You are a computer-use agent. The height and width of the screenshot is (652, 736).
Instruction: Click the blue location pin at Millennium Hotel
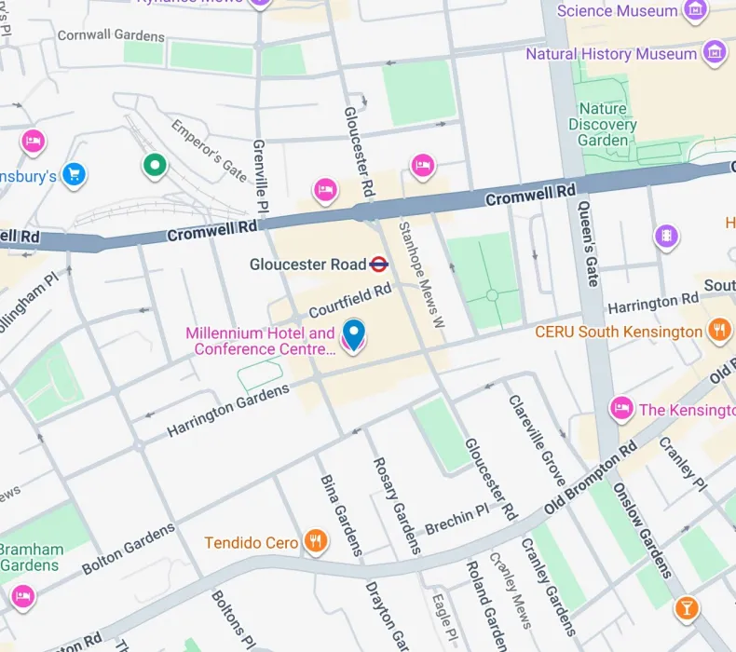pyautogui.click(x=354, y=333)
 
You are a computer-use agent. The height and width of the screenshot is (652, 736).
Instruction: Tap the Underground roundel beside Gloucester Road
pyautogui.click(x=378, y=265)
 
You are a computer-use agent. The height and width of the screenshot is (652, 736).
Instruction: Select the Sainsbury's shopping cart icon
pyautogui.click(x=75, y=173)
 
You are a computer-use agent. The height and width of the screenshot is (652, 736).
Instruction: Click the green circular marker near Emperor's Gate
pyautogui.click(x=155, y=166)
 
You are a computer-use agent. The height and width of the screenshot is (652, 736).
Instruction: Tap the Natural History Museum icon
pyautogui.click(x=715, y=52)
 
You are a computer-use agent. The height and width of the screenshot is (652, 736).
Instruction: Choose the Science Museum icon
pyautogui.click(x=695, y=11)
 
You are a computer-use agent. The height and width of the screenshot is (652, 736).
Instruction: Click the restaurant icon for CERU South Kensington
pyautogui.click(x=718, y=331)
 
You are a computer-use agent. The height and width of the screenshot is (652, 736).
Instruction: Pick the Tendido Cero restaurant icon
pyautogui.click(x=317, y=541)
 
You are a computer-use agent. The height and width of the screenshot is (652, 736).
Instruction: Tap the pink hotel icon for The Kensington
pyautogui.click(x=621, y=408)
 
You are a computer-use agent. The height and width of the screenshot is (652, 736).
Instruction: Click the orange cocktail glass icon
pyautogui.click(x=687, y=608)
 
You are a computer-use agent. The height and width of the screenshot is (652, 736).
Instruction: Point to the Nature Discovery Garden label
pyautogui.click(x=603, y=125)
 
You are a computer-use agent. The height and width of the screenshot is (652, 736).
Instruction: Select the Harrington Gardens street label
pyautogui.click(x=228, y=411)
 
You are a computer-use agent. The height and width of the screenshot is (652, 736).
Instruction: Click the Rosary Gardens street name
pyautogui.click(x=396, y=505)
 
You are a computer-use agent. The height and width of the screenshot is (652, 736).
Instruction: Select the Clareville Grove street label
pyautogui.click(x=536, y=440)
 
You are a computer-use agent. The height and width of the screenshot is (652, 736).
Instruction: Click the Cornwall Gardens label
pyautogui.click(x=111, y=36)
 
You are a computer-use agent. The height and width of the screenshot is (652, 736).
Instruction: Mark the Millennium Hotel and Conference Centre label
pyautogui.click(x=260, y=341)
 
